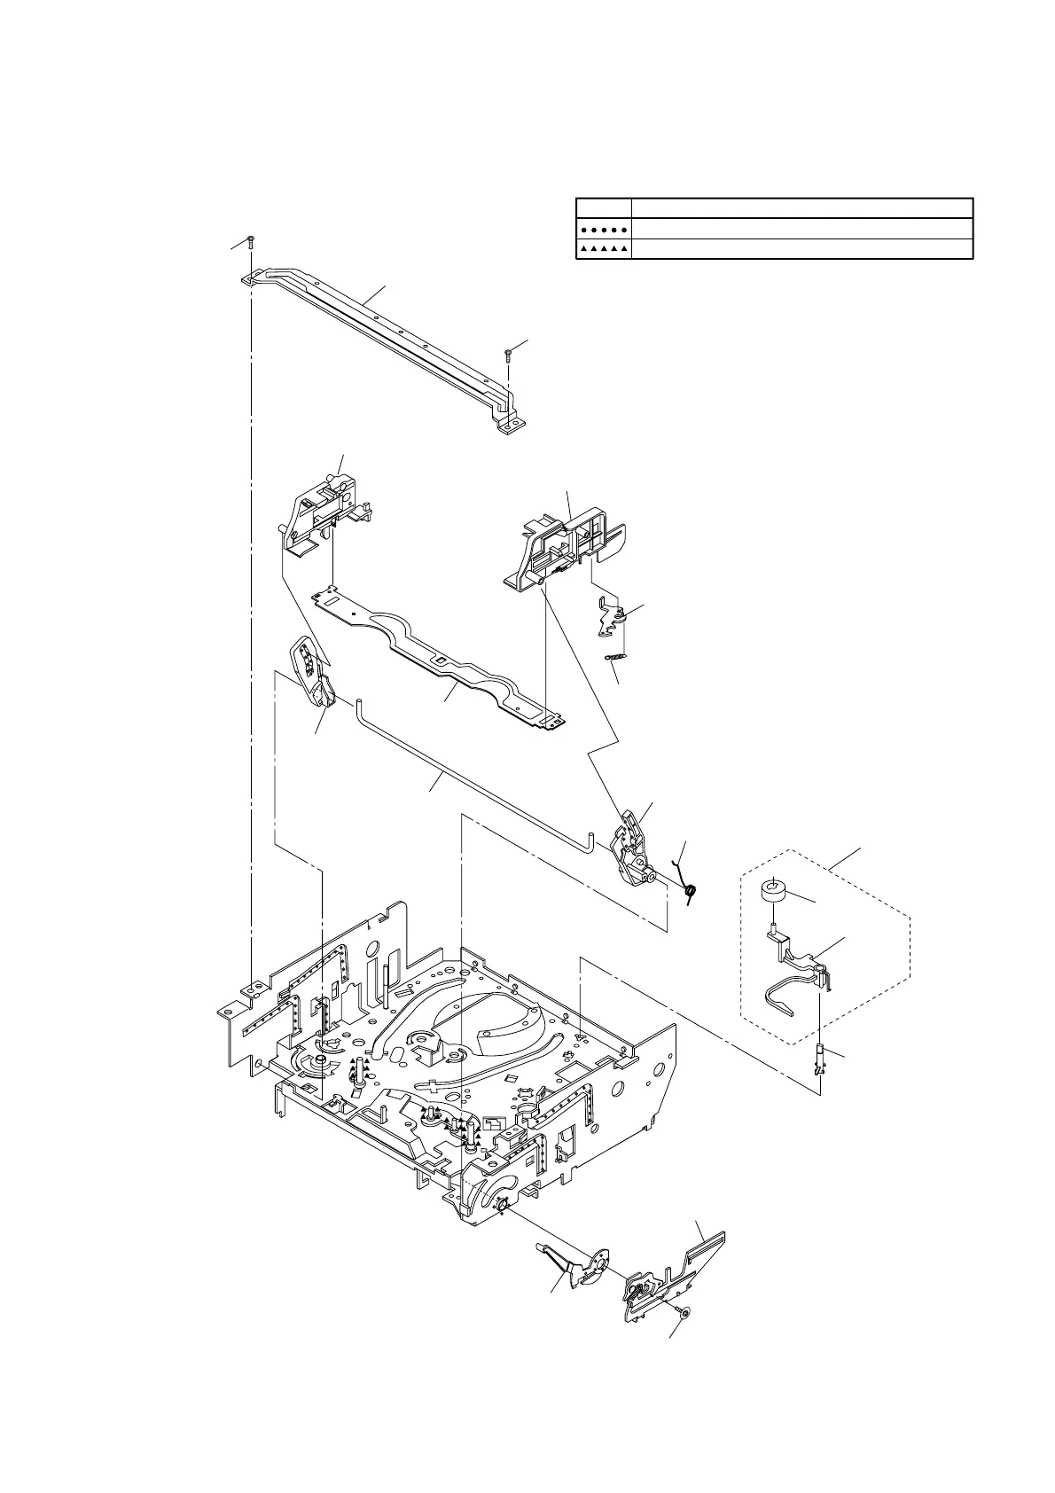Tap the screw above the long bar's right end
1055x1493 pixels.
tap(508, 356)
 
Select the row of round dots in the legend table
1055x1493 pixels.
tap(603, 229)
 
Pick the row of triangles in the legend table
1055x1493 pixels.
tap(603, 249)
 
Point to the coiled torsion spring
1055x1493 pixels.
tap(691, 890)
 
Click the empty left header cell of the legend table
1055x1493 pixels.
tap(603, 207)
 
